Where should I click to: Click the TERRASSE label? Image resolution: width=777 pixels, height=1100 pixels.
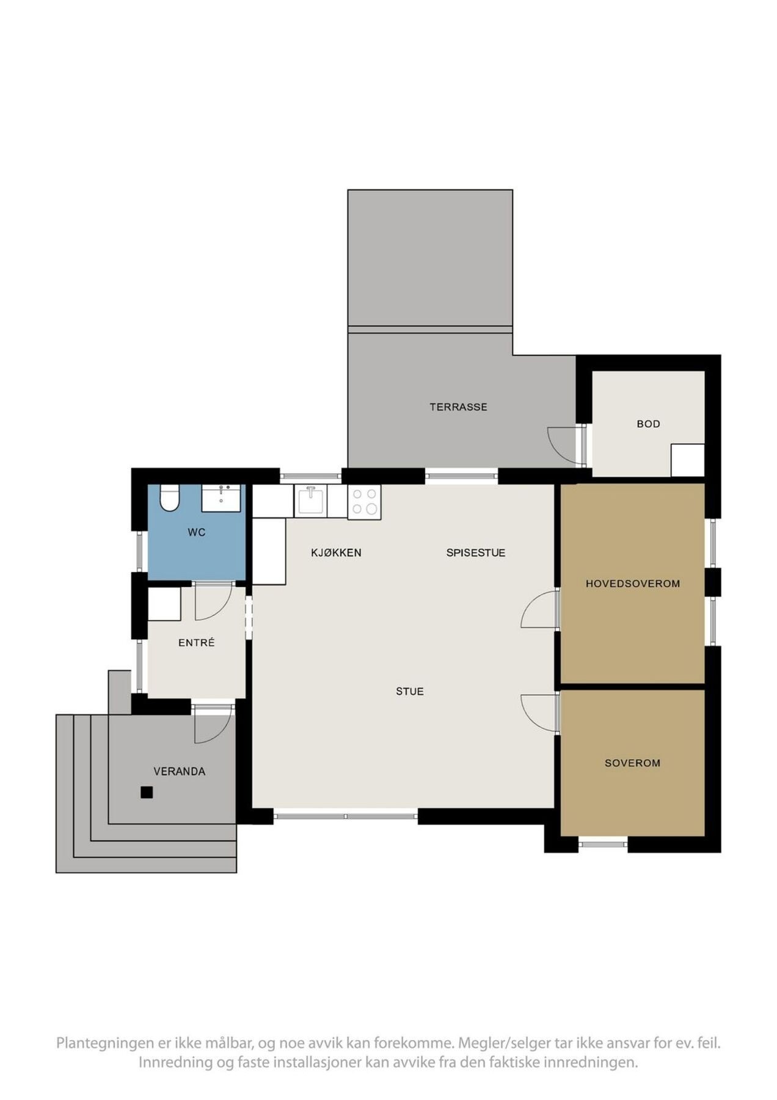pos(458,407)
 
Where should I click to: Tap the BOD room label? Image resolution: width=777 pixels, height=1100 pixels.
pos(648,424)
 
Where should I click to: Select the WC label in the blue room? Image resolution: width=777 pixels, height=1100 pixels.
pos(196,532)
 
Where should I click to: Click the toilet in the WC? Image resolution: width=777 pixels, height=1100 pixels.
pos(169,497)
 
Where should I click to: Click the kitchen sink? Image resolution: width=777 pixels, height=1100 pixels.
pos(311,501)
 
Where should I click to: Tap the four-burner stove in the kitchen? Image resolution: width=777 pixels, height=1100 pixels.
pos(364,502)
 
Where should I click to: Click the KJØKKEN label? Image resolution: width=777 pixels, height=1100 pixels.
pos(336,553)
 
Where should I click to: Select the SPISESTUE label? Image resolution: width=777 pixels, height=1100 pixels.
pos(475,553)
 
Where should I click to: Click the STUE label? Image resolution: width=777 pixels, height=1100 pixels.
pos(409,691)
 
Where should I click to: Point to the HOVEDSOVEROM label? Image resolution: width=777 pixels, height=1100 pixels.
pos(632,584)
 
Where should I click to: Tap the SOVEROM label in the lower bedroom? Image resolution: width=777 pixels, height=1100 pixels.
pos(632,763)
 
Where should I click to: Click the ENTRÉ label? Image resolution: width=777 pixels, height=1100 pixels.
pos(196,642)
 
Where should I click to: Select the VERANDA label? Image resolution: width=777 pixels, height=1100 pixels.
pos(179,771)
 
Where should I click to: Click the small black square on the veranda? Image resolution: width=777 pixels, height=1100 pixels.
pos(147,792)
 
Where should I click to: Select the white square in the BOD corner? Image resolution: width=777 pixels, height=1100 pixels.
pos(687,460)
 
